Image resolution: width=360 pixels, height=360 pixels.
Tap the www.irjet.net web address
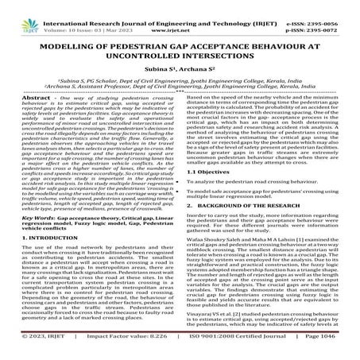(x=182, y=16)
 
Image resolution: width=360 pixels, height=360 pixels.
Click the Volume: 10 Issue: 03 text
(x=75, y=16)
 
